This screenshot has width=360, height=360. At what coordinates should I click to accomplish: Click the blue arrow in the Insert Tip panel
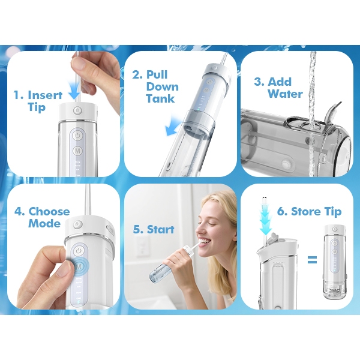[74, 90]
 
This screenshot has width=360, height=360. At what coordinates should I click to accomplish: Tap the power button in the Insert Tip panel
[77, 136]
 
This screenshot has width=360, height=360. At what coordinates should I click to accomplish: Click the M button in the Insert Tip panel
[77, 151]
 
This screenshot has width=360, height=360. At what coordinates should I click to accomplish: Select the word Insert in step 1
[45, 95]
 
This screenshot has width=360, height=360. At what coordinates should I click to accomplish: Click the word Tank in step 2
[160, 99]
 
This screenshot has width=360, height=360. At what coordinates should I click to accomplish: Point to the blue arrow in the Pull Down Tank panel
[173, 127]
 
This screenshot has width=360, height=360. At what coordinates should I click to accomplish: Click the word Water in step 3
[285, 94]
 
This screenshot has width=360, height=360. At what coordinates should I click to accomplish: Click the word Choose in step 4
[49, 211]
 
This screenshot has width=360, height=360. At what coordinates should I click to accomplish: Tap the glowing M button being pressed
[79, 266]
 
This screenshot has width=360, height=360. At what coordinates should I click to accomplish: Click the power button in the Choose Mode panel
[78, 251]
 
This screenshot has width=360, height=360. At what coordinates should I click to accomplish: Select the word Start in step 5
[160, 229]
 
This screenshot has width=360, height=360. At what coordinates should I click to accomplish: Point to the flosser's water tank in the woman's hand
[159, 272]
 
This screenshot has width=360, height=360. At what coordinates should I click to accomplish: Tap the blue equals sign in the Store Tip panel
[312, 260]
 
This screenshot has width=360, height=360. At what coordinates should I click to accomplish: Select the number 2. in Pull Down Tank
[137, 75]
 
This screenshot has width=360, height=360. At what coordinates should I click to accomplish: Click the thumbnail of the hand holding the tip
[64, 114]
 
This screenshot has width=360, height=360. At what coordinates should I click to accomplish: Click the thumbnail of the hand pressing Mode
[64, 247]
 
